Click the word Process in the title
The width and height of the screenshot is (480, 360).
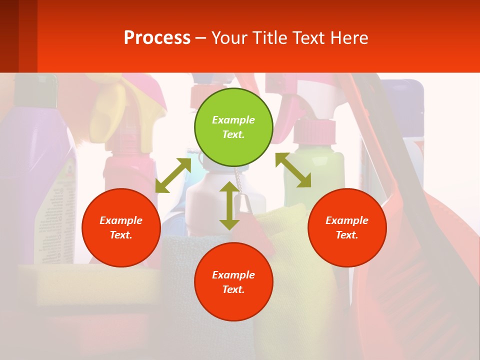157,38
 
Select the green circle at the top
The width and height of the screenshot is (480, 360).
233,127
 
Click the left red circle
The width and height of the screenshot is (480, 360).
121,227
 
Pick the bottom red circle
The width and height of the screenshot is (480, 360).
233,282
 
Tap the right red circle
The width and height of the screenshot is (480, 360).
347,227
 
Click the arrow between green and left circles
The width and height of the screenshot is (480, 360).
173,175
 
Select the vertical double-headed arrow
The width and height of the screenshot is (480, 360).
229,205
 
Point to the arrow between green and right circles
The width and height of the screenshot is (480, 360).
293,170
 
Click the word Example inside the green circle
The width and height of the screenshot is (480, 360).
233,120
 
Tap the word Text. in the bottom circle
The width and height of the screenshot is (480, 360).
233,289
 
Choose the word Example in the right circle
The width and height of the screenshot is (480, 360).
347,220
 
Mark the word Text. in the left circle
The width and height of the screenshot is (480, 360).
121,235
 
